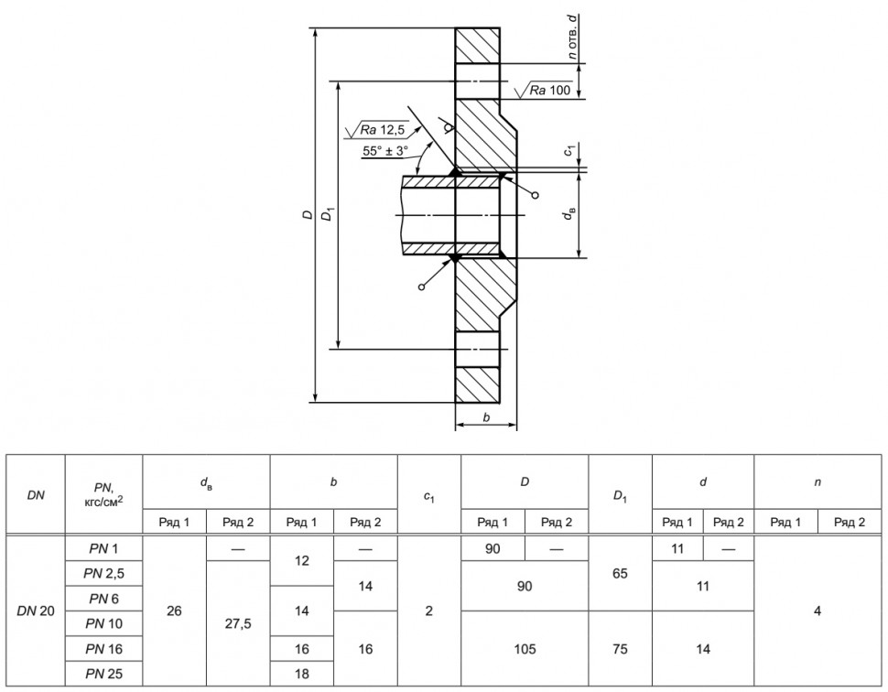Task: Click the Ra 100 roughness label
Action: (550, 90)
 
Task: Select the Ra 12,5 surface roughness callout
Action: (382, 130)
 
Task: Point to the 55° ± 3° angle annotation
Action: (385, 151)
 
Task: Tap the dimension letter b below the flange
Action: (486, 418)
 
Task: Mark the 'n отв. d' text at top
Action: (573, 37)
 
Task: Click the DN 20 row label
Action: (36, 611)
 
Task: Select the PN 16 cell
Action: (103, 649)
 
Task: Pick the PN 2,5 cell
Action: (103, 574)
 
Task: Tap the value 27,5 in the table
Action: (238, 624)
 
